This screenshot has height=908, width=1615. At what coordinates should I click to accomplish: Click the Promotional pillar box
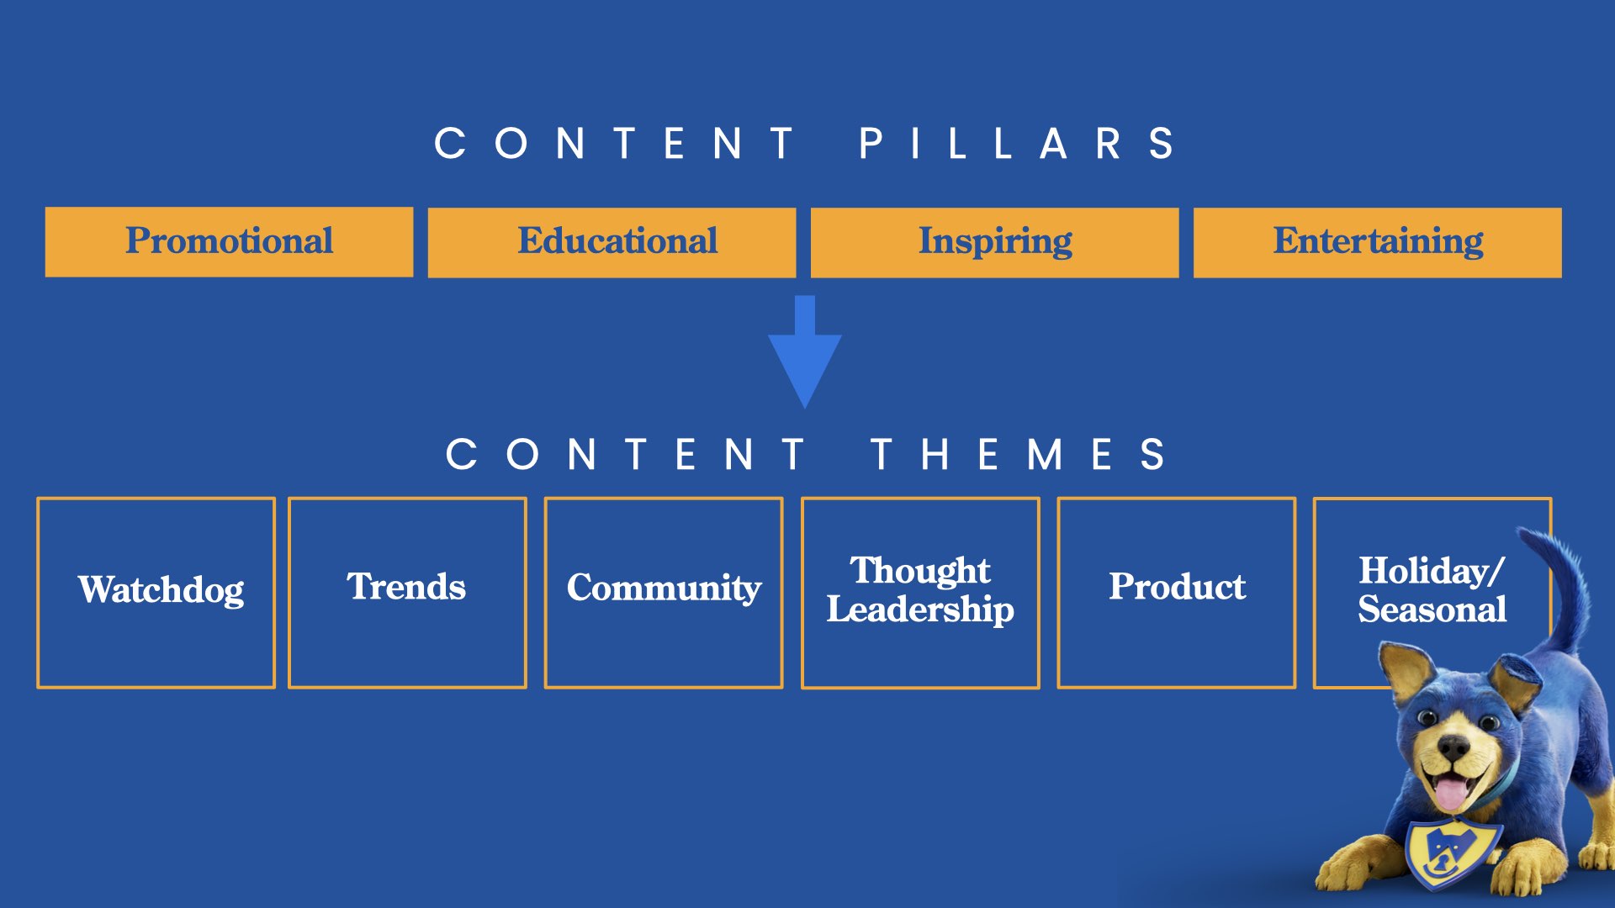[229, 242]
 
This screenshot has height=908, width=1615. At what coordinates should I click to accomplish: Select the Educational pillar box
[612, 242]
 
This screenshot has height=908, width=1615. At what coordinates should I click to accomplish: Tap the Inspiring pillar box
[994, 242]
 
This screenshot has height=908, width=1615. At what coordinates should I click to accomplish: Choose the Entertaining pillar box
[1377, 242]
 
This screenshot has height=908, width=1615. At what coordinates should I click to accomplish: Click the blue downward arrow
[805, 351]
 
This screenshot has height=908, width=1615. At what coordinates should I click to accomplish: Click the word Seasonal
[1432, 610]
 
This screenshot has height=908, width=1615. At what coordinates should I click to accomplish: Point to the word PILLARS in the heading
[1016, 144]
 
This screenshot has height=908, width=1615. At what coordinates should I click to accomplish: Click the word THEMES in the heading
[1018, 455]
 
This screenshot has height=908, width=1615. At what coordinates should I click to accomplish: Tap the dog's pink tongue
[1450, 793]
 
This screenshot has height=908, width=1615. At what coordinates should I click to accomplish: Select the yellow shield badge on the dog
[1453, 852]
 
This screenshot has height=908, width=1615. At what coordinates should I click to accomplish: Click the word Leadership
[920, 610]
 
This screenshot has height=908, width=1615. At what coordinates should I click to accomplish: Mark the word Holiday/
[1431, 571]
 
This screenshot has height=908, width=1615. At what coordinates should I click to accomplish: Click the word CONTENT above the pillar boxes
[613, 144]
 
